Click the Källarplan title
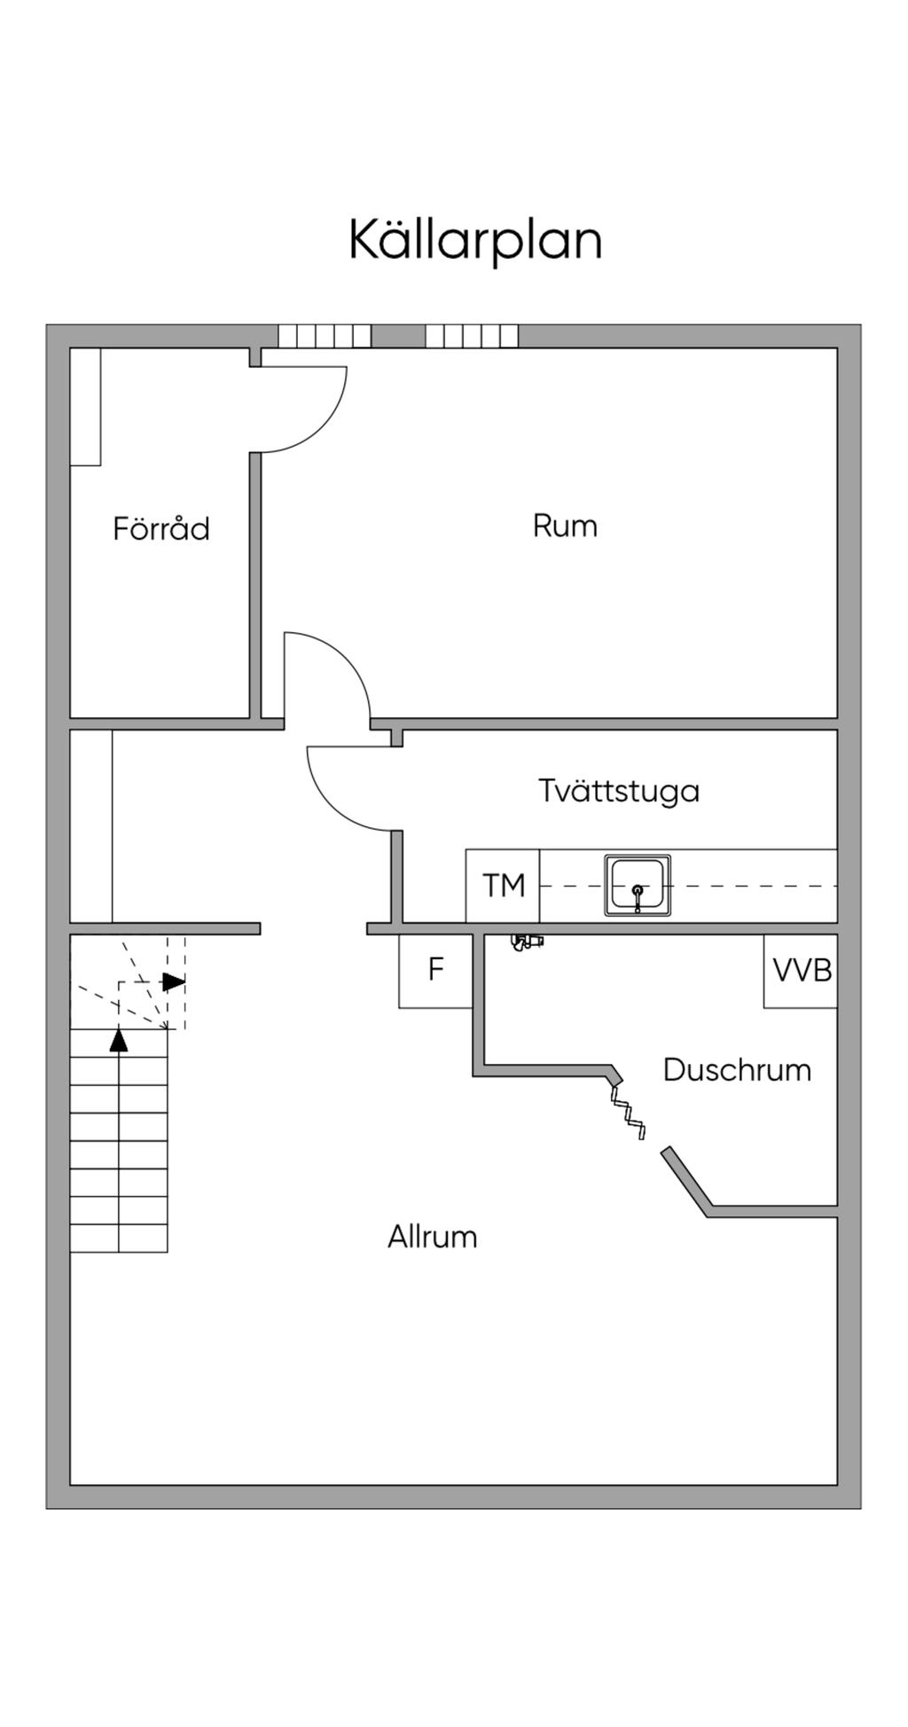tap(475, 239)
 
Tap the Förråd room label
tap(161, 528)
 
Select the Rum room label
tap(565, 526)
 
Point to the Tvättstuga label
tap(619, 790)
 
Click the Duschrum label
tap(737, 1069)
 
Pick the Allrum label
tap(432, 1236)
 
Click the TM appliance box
tap(503, 886)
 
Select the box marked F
tap(435, 970)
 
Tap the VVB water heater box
tap(801, 970)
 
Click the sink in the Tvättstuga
tap(638, 886)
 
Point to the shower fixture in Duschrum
tap(527, 942)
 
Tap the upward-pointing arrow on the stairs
tap(119, 1039)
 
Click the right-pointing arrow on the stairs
tap(174, 982)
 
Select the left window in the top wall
tap(325, 336)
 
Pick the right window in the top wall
tap(472, 336)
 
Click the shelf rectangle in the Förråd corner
tap(85, 406)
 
